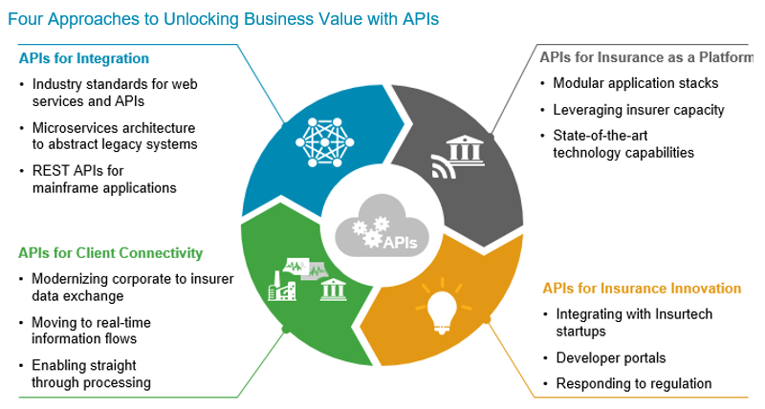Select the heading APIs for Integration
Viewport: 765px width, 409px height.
[x=83, y=58]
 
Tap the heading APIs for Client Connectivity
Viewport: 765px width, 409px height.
[x=110, y=253]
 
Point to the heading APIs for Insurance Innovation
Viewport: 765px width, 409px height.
[x=642, y=288]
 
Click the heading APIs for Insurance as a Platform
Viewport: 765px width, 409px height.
[x=645, y=57]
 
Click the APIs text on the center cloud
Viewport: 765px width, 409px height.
[x=399, y=242]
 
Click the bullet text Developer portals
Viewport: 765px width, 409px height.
[x=610, y=358]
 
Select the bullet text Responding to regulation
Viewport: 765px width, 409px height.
[x=633, y=383]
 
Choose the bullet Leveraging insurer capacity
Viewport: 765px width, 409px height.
[x=638, y=109]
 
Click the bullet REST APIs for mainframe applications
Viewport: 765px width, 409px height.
[x=103, y=180]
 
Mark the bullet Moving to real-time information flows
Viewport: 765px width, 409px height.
[x=91, y=331]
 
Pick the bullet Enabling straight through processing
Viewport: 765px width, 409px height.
[x=91, y=374]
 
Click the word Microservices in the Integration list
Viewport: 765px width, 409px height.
[x=73, y=128]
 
